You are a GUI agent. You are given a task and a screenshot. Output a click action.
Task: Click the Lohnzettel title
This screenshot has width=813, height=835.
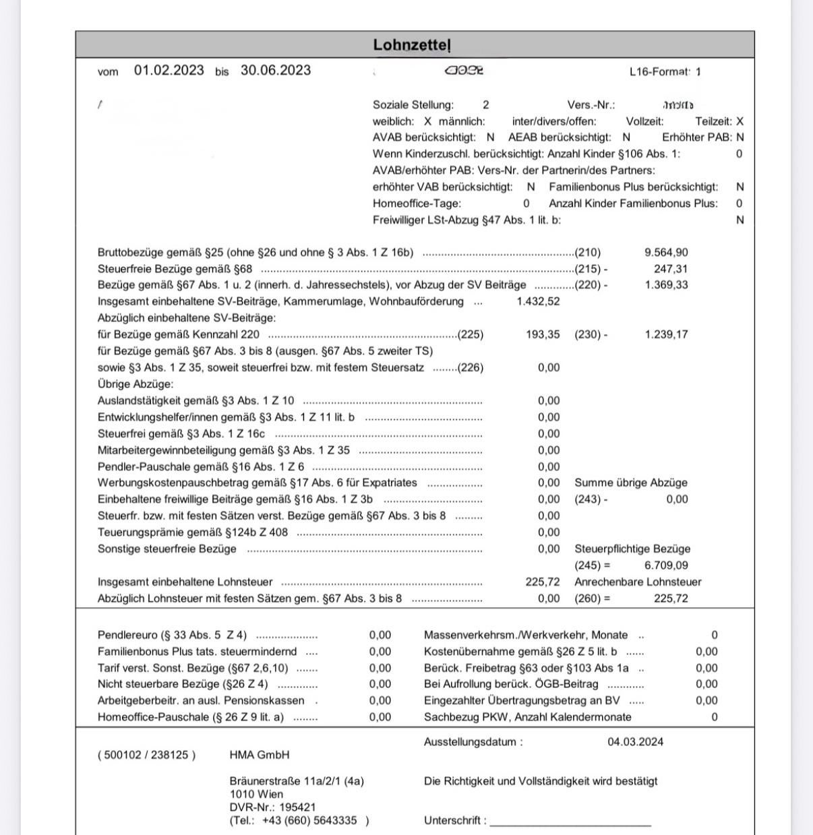point(411,45)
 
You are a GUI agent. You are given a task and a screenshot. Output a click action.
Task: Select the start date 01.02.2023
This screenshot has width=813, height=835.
point(169,70)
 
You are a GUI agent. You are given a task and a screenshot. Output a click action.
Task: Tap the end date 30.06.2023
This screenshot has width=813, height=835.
point(276,70)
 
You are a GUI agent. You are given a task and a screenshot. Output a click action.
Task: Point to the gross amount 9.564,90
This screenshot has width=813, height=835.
point(666,253)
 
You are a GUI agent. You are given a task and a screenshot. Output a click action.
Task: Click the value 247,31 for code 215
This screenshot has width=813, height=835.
point(671,269)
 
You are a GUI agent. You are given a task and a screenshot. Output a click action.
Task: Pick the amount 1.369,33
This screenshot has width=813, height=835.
point(666,285)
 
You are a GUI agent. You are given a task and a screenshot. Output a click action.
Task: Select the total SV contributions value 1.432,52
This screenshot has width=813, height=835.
point(538,301)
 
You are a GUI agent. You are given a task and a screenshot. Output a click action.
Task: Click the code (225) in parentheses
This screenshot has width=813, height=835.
point(471,334)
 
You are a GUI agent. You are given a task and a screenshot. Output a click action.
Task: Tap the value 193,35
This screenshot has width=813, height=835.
point(543,334)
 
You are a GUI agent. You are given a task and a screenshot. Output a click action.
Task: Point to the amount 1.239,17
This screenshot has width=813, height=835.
point(666,334)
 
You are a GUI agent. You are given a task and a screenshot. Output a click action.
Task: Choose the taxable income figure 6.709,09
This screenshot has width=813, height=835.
point(666,565)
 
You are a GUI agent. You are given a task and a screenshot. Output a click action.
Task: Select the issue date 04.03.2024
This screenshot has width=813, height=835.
point(635,742)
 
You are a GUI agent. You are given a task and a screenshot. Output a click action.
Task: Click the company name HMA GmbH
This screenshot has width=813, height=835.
point(260,755)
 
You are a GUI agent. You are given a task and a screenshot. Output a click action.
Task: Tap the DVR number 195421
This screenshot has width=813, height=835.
point(297,807)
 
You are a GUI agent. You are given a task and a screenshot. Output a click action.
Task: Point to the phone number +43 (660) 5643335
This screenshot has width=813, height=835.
point(309,820)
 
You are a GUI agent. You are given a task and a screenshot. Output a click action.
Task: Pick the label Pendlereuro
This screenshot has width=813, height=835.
point(125,635)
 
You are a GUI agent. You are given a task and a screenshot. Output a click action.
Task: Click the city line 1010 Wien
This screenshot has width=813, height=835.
point(256,794)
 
